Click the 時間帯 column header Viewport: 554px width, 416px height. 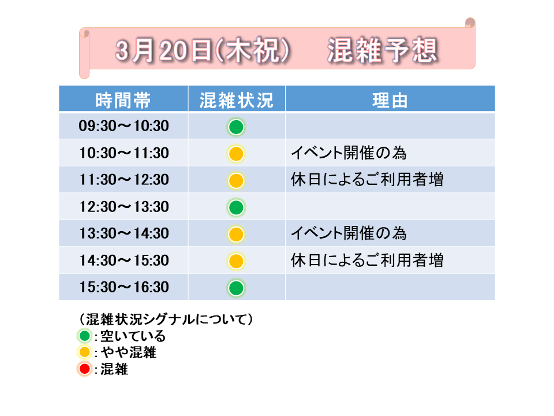point(123,100)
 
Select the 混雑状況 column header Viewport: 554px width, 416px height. point(237,100)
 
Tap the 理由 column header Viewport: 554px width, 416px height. point(390,100)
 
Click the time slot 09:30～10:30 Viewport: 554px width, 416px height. point(123,126)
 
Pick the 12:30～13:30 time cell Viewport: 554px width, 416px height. point(123,207)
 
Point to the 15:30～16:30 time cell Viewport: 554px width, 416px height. point(123,287)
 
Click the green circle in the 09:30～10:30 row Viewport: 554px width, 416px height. point(236,127)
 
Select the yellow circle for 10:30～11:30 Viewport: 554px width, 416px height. point(236,154)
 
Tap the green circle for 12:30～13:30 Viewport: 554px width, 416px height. point(236,207)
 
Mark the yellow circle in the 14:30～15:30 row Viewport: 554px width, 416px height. point(236,261)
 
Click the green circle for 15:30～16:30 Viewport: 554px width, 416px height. point(236,288)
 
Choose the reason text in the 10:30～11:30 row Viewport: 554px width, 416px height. point(349,153)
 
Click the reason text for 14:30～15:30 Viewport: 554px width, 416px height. point(367,261)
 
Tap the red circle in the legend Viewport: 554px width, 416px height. point(85,369)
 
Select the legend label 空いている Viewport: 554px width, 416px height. point(133,336)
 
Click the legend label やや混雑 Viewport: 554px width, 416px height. point(129,352)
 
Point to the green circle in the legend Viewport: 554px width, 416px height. point(85,336)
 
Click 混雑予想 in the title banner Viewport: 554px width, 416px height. point(383,51)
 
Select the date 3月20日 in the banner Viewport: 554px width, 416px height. point(163,51)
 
